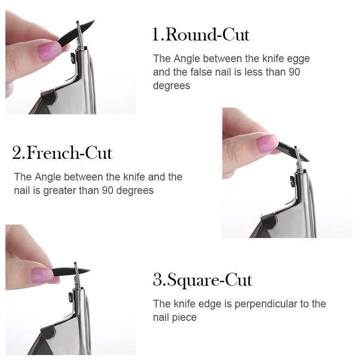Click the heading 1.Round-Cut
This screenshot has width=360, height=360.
(201, 35)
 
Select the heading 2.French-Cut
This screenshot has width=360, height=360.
(62, 153)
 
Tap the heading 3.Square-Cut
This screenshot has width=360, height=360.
(203, 280)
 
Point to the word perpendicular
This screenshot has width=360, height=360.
(266, 304)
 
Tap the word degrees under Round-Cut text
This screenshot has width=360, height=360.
(171, 86)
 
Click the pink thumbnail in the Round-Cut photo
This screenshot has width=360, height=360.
(49, 51)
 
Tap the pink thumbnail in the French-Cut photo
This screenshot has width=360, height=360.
(267, 144)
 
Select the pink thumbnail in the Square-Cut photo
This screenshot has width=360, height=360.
(42, 275)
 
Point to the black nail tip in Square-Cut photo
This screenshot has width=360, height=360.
(71, 271)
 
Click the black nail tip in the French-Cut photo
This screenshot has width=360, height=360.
(292, 151)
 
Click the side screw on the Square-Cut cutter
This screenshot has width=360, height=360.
(71, 297)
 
